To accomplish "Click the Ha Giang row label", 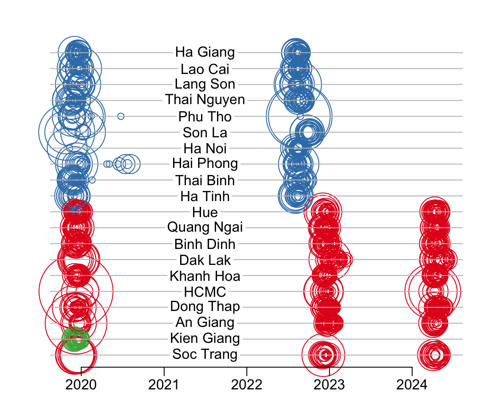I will (x=205, y=52).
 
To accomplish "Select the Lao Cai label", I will (x=205, y=69).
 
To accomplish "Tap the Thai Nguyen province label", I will (x=205, y=100).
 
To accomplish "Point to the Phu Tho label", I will (x=205, y=117).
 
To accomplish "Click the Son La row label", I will (x=205, y=132).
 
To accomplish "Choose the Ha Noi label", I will (x=205, y=148).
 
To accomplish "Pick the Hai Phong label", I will (x=205, y=164).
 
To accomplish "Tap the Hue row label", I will (x=205, y=212).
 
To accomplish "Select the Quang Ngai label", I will (x=205, y=228).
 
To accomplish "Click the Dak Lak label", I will (x=205, y=260).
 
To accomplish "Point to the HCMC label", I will (x=205, y=292).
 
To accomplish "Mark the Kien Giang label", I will (x=205, y=339).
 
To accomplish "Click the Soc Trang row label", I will (x=205, y=354).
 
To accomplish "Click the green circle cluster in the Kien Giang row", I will (x=75, y=339).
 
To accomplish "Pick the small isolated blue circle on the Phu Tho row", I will (x=121, y=117).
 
